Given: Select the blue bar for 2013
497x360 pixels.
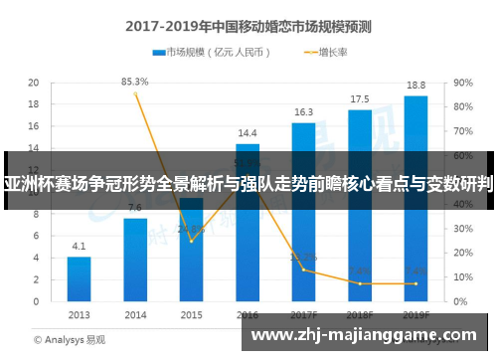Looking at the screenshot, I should point(80,279).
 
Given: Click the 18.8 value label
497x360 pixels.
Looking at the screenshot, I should point(415,86).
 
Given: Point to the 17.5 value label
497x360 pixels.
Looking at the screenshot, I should point(360,99).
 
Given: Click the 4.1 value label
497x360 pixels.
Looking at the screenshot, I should point(80,246).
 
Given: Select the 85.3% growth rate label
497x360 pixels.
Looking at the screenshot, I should point(135,82).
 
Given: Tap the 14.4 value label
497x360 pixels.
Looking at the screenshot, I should point(248,132).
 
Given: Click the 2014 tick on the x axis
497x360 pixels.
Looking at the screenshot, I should point(135,314).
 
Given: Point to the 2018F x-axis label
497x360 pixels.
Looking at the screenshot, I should point(360,314).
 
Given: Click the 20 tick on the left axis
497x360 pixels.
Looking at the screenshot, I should point(33,84).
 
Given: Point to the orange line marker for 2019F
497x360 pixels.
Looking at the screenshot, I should point(415,284).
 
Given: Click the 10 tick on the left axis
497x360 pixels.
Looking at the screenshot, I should point(33,192).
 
